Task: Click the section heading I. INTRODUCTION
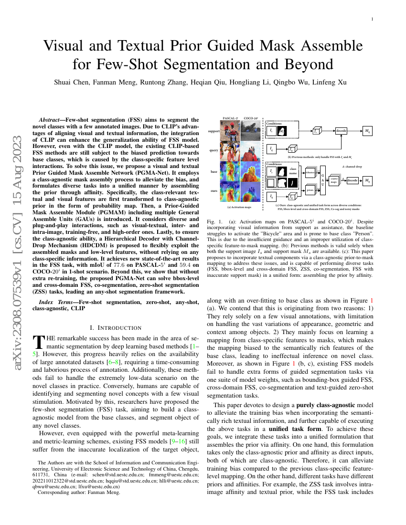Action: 116,327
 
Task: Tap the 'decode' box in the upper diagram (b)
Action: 341,130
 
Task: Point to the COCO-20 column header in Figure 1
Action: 250,118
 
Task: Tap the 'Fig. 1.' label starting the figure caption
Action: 214,222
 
